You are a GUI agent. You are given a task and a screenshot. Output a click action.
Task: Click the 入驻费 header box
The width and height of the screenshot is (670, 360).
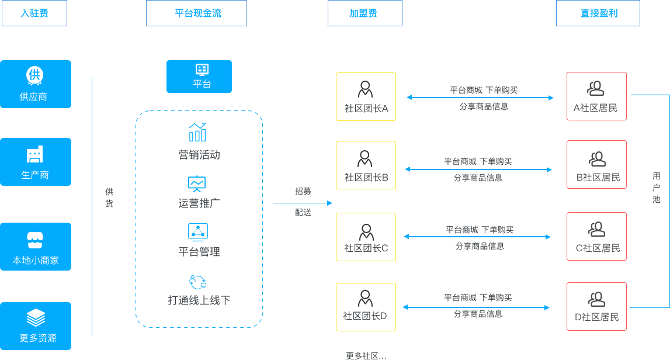(x=34, y=13)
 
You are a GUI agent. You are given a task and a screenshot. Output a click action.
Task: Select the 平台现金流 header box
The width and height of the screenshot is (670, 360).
(x=196, y=13)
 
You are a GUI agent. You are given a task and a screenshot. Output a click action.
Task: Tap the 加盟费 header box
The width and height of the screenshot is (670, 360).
(x=364, y=13)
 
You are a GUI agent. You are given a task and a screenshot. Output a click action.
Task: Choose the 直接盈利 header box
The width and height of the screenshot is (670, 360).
(x=598, y=13)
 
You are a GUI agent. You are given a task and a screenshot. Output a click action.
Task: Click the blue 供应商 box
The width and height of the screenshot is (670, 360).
(x=35, y=84)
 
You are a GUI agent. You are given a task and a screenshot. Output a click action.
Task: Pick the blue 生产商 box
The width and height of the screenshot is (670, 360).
(x=35, y=162)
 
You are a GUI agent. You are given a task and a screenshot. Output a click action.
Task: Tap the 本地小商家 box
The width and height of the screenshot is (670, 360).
(x=35, y=246)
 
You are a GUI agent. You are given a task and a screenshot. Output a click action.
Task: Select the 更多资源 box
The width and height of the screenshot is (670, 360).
(x=35, y=326)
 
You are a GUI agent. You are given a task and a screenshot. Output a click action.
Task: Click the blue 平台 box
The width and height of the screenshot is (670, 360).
(x=199, y=77)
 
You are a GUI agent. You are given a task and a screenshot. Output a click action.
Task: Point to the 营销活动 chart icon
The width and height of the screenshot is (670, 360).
(x=197, y=132)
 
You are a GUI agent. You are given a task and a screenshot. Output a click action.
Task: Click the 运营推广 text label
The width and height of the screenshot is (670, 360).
(x=199, y=203)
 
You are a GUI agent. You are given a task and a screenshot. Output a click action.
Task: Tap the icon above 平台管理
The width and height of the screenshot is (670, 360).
(x=197, y=232)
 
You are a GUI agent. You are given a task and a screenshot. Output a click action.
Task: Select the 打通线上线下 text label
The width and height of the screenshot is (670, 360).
(x=199, y=300)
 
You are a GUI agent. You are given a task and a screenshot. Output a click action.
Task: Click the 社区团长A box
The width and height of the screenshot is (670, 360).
(x=366, y=96)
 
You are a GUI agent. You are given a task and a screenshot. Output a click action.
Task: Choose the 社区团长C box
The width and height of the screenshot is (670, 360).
(x=366, y=237)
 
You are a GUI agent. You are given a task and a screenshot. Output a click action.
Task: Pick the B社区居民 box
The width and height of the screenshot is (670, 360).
(x=596, y=165)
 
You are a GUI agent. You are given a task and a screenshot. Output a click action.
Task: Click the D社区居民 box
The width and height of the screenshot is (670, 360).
(x=596, y=306)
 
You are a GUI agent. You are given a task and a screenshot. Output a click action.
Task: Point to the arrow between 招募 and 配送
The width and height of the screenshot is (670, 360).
(x=302, y=203)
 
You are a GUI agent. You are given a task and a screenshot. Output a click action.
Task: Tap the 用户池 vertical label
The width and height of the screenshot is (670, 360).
(x=657, y=188)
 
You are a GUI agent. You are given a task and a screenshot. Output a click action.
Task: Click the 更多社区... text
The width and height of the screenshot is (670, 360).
(x=366, y=355)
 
